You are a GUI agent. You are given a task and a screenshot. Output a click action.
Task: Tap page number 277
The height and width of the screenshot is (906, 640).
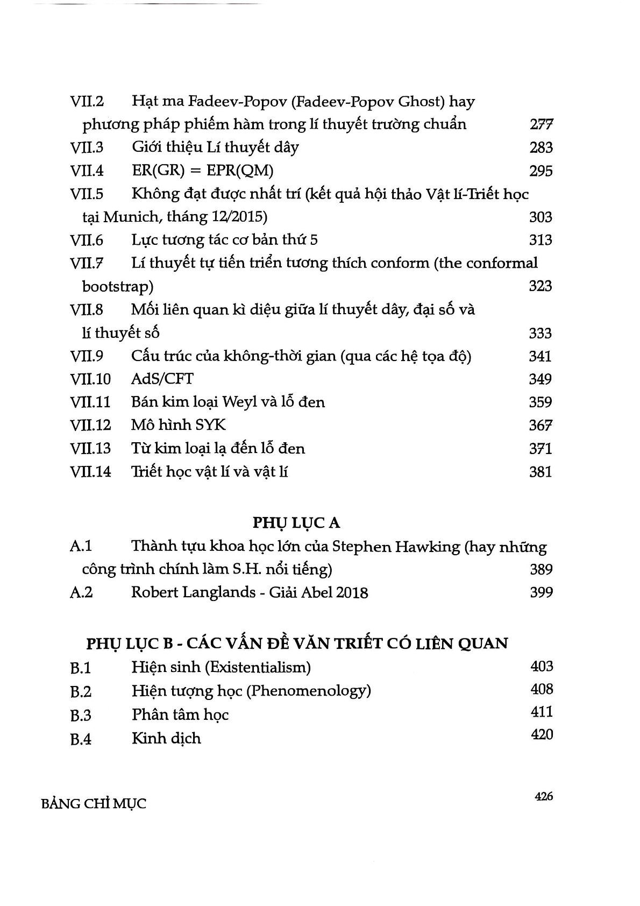541,125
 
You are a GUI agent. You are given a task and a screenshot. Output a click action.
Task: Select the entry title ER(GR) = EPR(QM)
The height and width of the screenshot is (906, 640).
202,171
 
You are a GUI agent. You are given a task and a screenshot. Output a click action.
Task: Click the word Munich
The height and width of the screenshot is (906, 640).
132,217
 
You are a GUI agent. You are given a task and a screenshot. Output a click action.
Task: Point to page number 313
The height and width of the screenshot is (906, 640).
541,240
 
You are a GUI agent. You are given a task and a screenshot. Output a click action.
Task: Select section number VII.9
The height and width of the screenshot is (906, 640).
87,356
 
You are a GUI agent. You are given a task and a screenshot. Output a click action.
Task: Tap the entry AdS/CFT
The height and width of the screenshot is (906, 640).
162,379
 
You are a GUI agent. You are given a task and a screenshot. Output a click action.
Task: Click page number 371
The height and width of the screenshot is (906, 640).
541,448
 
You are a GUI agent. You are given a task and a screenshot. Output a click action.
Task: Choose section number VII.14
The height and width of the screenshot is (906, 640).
90,472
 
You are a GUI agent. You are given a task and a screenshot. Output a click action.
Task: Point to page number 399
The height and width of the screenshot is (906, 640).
541,592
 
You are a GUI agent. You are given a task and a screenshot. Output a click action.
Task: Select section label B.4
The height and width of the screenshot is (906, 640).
81,739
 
